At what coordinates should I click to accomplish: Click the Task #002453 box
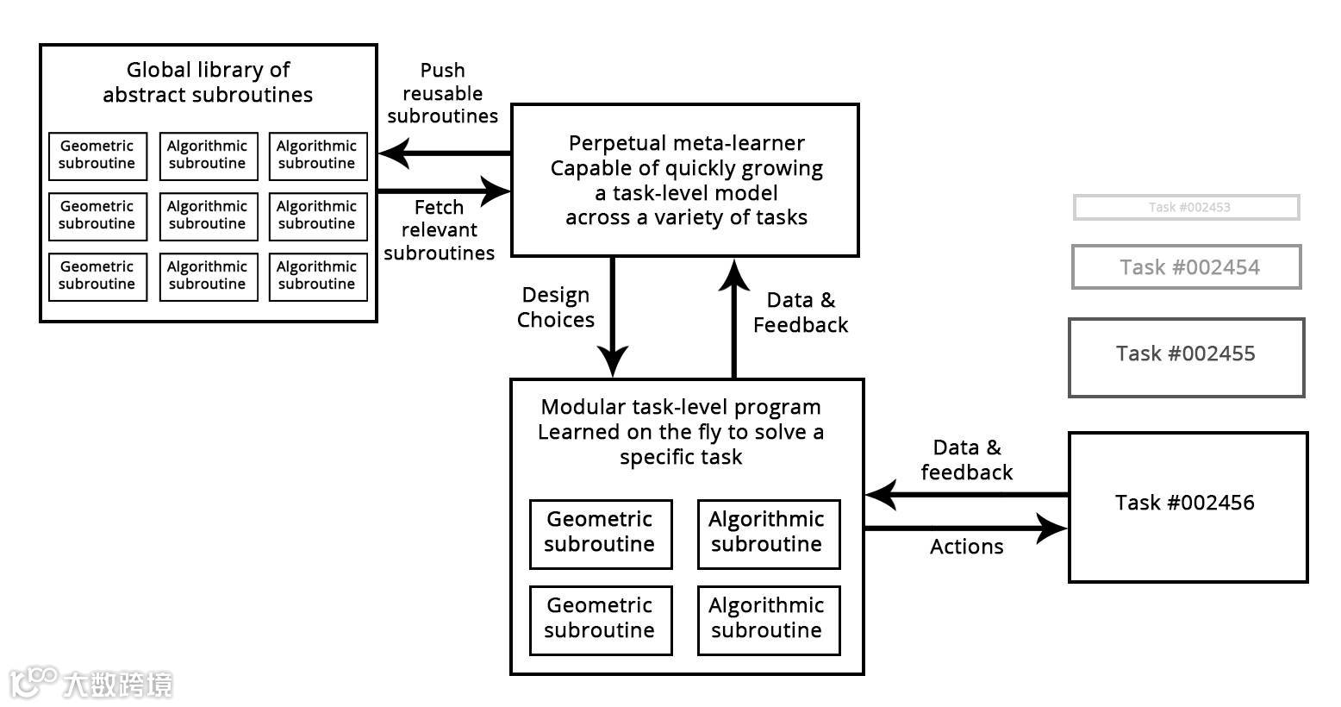click(1187, 207)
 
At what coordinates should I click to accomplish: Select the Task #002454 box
click(1187, 267)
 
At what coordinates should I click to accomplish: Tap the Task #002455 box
click(1187, 357)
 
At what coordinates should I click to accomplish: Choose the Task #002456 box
click(1188, 507)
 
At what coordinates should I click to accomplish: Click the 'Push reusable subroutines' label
click(442, 93)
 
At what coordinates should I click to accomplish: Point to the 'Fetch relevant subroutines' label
click(440, 230)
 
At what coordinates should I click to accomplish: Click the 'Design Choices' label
click(556, 308)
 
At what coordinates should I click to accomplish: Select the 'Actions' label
click(966, 547)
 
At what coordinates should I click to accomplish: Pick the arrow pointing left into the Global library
click(444, 153)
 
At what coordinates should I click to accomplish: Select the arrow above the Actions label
click(966, 528)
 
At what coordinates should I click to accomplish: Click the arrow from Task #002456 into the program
click(966, 495)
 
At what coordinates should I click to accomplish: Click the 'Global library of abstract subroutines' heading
click(208, 82)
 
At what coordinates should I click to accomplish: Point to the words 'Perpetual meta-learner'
click(687, 143)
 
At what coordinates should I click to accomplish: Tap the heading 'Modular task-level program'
click(681, 407)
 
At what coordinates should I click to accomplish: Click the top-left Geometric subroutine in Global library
click(97, 155)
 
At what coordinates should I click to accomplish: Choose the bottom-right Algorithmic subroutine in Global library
click(317, 276)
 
